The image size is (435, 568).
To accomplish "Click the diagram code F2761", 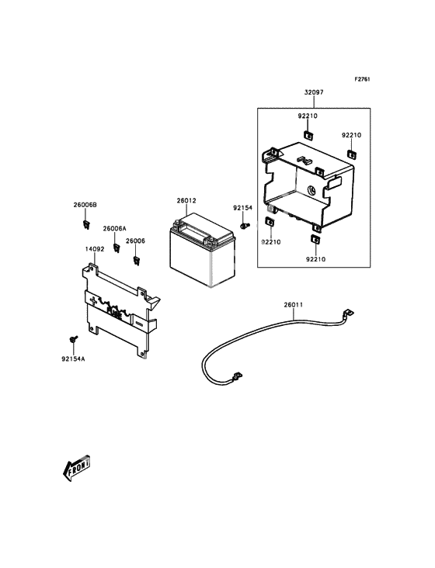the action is [362, 79].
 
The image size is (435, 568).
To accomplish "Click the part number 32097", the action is [314, 92].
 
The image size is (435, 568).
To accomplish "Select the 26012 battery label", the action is [186, 200].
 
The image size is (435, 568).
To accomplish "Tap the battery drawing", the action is [202, 249].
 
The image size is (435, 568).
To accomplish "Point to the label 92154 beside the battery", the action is [242, 208].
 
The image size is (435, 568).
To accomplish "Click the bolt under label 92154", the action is [245, 226].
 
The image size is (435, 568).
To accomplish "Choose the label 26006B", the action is [85, 205].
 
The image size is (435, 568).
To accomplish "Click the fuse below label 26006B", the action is [86, 224].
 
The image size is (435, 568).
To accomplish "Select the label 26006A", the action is [114, 229].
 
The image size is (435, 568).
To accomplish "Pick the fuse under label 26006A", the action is [117, 248].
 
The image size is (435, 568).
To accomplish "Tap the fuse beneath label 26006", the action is [136, 261].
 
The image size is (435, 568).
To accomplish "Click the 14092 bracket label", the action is [95, 249].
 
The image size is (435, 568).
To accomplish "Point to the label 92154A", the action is [73, 359].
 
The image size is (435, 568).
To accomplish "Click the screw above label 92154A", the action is [74, 339].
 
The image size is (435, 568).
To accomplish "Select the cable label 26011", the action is [294, 305].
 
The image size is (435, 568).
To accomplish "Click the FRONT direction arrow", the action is [76, 468].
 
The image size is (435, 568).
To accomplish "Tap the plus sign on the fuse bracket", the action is [94, 300].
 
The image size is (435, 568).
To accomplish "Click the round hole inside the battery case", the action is [311, 190].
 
